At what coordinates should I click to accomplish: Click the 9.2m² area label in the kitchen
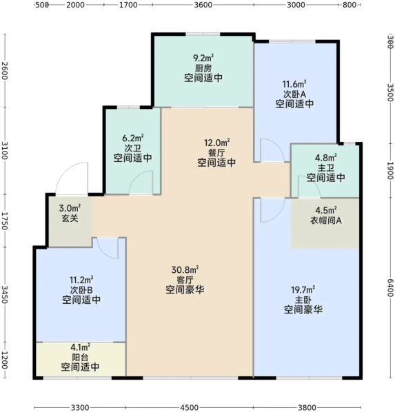tap(203, 58)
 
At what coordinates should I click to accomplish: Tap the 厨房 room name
tap(203, 68)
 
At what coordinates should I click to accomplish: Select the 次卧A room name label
tap(294, 94)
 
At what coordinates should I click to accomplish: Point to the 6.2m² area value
tap(133, 138)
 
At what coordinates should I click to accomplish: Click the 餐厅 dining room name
tap(216, 153)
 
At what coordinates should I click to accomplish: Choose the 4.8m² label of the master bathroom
tap(326, 158)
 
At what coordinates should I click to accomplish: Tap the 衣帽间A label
tap(326, 220)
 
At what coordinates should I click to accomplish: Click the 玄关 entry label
tap(70, 218)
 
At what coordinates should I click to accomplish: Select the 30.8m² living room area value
tap(185, 270)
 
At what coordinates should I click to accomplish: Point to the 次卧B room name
tap(81, 290)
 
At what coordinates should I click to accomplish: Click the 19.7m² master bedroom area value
tap(303, 290)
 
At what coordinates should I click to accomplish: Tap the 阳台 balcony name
tap(80, 357)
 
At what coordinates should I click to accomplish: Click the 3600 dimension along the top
tap(203, 5)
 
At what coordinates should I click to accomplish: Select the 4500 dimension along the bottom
tap(189, 408)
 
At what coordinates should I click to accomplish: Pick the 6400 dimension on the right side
tap(391, 287)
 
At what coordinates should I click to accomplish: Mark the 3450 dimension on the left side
tap(4, 294)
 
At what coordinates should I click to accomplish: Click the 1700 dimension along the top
tap(128, 5)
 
